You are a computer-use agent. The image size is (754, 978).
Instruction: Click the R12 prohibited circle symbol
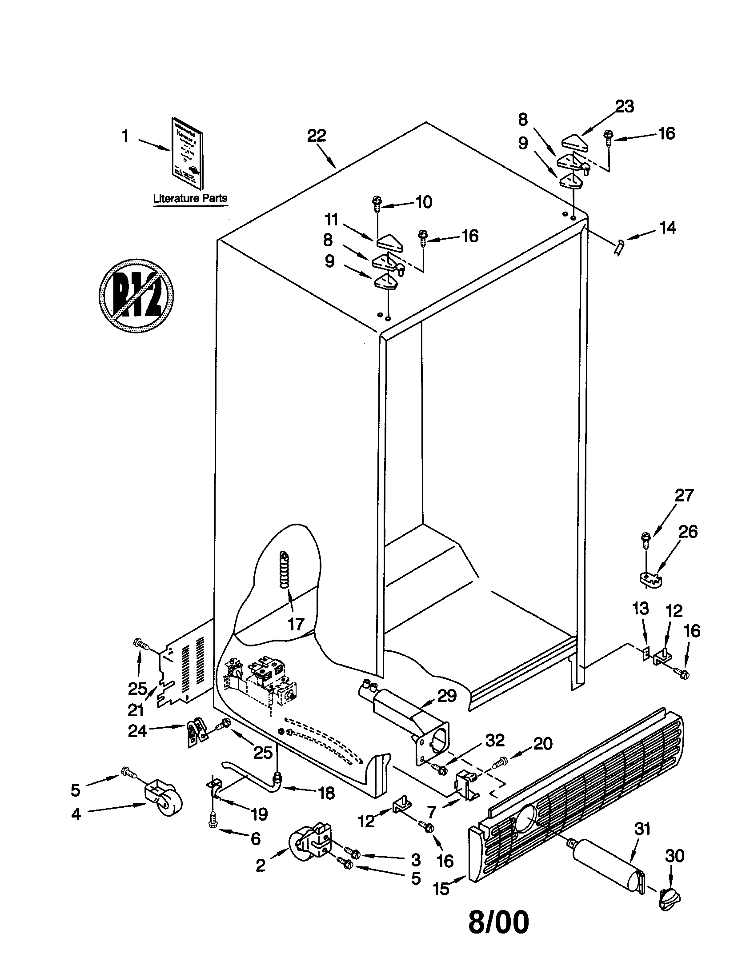(x=136, y=296)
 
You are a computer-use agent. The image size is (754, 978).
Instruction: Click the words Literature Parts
(x=190, y=198)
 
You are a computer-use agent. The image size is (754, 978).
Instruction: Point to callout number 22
(x=316, y=136)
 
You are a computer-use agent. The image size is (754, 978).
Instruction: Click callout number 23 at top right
(x=624, y=107)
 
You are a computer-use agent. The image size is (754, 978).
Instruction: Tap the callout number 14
(x=667, y=228)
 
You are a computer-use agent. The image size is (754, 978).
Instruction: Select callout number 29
(x=446, y=696)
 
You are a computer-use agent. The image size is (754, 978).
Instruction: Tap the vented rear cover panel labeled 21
(x=186, y=669)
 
